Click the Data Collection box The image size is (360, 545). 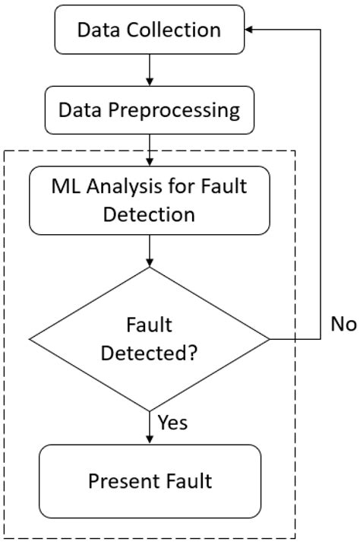149,30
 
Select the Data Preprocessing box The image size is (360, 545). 149,110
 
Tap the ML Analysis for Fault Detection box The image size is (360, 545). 149,199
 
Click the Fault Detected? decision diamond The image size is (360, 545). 149,338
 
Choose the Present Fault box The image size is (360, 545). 149,480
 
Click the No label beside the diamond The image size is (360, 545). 343,324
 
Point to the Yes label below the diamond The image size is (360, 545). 172,422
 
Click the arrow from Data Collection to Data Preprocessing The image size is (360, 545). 149,70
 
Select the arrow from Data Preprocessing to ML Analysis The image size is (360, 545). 149,149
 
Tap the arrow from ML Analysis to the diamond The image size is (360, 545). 149,250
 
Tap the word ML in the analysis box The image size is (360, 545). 66,185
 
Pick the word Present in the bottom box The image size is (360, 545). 119,480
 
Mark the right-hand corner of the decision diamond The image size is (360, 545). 268,338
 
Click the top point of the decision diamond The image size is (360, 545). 149,268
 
